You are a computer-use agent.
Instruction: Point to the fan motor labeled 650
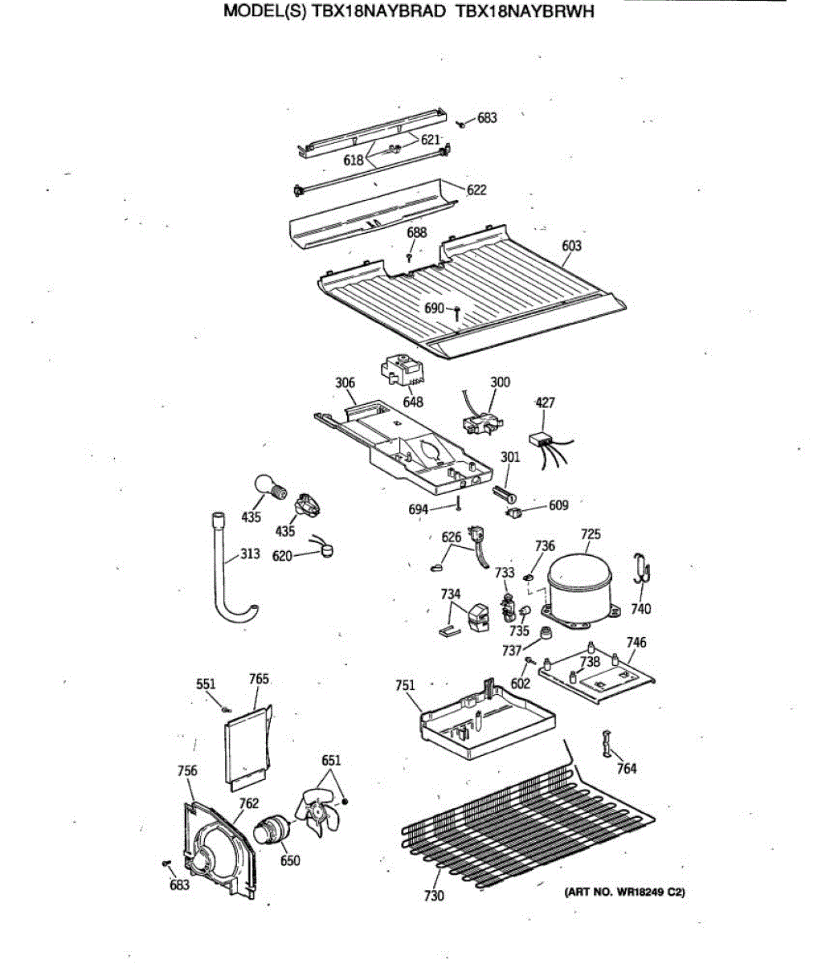point(274,828)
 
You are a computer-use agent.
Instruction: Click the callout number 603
point(571,246)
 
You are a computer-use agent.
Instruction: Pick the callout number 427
point(545,402)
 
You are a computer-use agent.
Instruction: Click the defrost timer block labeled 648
point(401,372)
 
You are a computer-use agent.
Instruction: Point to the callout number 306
point(345,382)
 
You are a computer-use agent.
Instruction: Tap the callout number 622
point(476,190)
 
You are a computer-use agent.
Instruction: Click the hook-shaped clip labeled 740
point(641,570)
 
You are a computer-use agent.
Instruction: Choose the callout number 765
point(259,679)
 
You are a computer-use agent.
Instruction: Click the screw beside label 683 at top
point(462,125)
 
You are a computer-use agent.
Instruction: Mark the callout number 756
point(186,770)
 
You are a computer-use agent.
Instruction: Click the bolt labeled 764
point(606,745)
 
